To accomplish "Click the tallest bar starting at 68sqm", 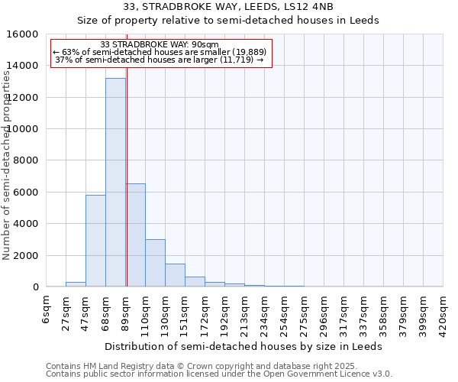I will point(115,183).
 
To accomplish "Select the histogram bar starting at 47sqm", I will point(95,241).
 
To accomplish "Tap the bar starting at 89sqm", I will point(135,235).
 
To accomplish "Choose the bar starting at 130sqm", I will point(175,275).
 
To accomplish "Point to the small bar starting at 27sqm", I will point(76,284).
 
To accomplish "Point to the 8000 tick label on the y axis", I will point(25,160).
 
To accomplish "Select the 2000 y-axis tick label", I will point(25,255).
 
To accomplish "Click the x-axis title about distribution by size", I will point(243,346).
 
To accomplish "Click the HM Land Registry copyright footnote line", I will point(218,366).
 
